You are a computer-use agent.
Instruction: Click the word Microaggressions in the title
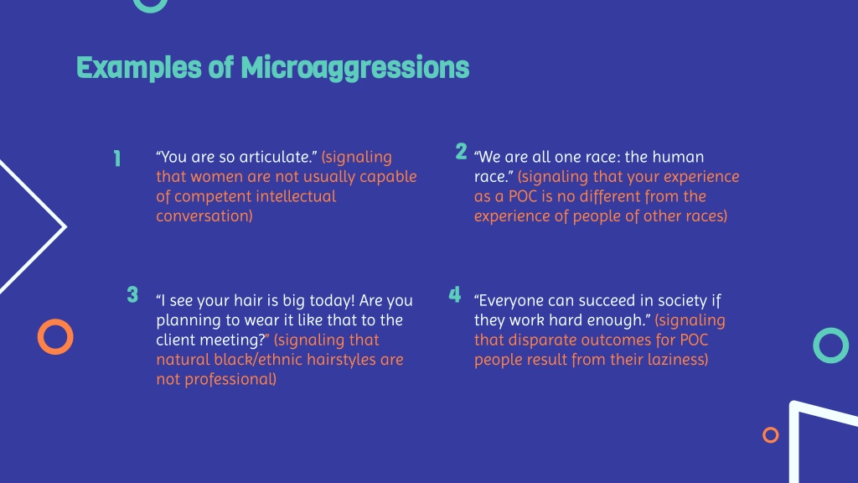pyautogui.click(x=354, y=68)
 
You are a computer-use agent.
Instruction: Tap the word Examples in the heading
pyautogui.click(x=139, y=69)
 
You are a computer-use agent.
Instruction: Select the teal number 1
pyautogui.click(x=117, y=158)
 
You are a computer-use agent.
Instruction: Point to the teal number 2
pyautogui.click(x=462, y=151)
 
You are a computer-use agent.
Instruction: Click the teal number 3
pyautogui.click(x=132, y=294)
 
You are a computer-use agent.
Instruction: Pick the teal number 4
pyautogui.click(x=455, y=294)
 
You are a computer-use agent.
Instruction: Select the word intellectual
pyautogui.click(x=292, y=196)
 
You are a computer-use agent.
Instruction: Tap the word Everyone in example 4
pyautogui.click(x=511, y=301)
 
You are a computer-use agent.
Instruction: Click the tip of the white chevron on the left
pyautogui.click(x=65, y=226)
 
